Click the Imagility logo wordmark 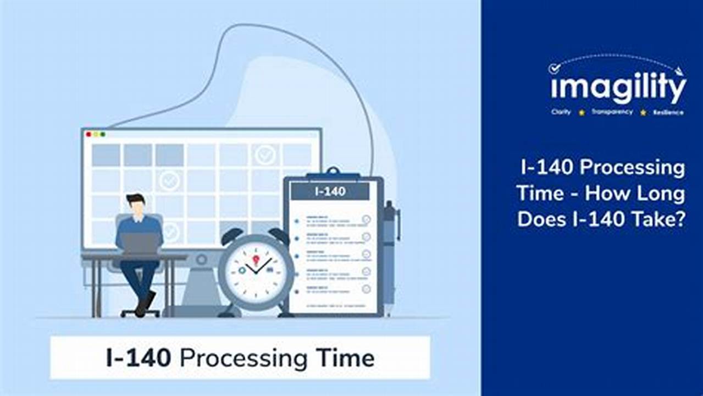point(618,88)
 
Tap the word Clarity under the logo point(561,112)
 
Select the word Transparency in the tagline point(612,112)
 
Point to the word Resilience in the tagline point(668,113)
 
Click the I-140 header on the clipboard point(330,191)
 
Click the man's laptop point(139,243)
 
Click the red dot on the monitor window point(88,134)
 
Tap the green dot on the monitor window point(103,134)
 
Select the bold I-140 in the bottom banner point(139,358)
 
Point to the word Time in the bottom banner point(345,358)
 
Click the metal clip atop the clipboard point(333,174)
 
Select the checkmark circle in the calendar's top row point(265,155)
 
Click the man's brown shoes point(145,304)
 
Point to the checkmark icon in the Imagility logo point(555,68)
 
